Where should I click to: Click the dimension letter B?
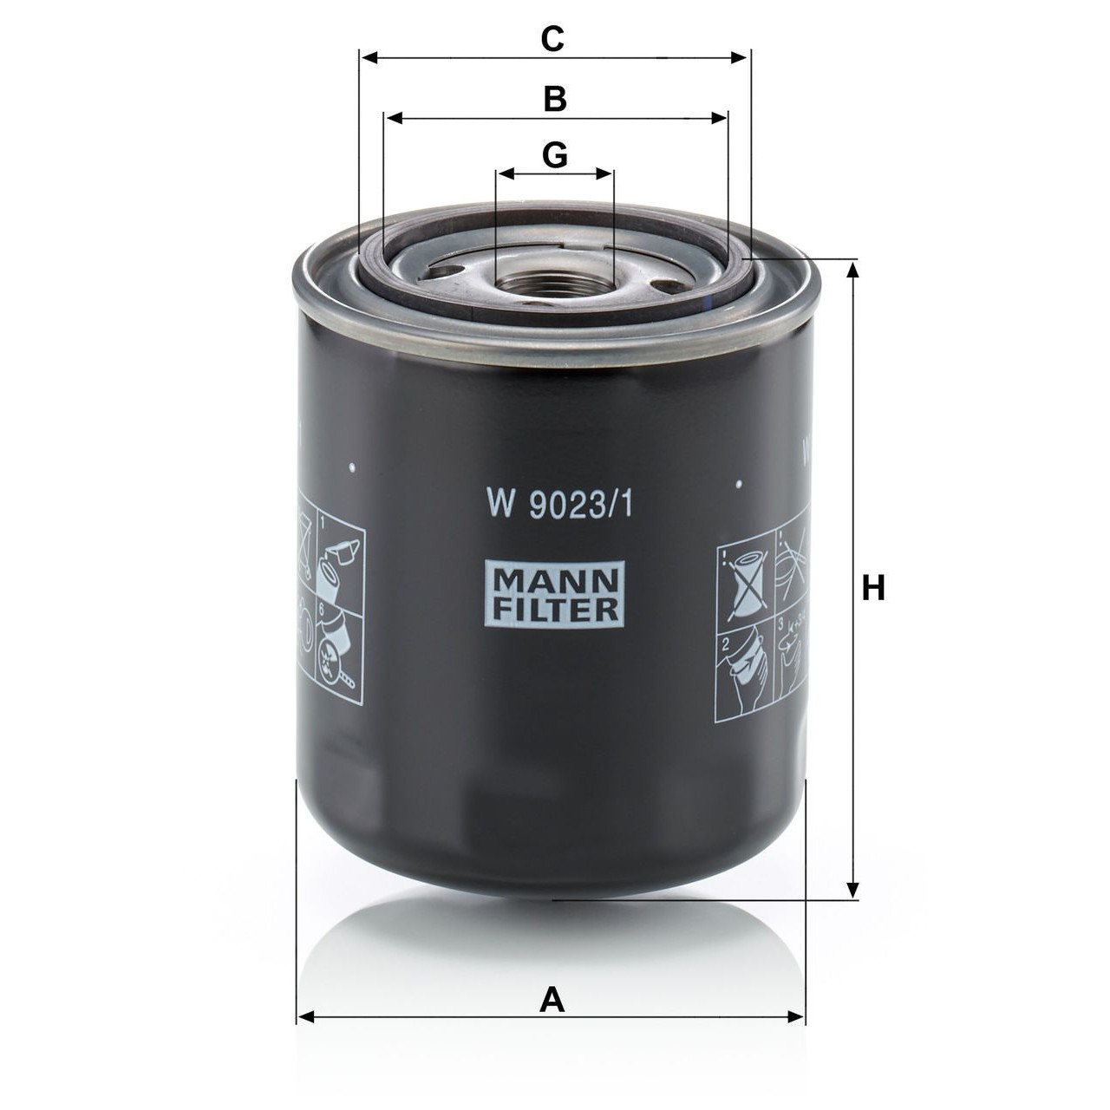pyautogui.click(x=555, y=99)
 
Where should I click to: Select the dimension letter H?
pyautogui.click(x=872, y=589)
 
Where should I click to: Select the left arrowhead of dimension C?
pyautogui.click(x=369, y=57)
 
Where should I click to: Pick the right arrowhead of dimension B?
pyautogui.click(x=720, y=118)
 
